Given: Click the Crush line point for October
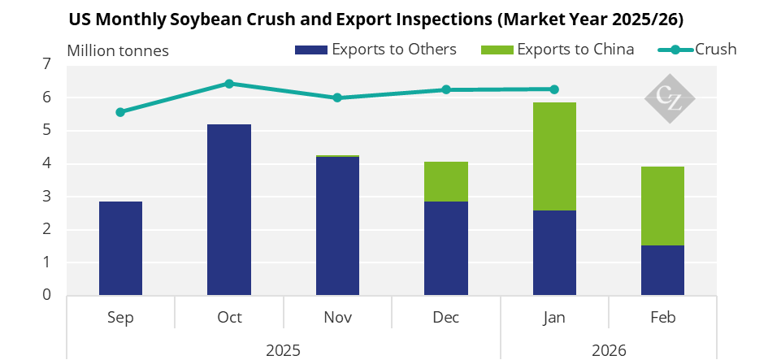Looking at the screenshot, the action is click(228, 84).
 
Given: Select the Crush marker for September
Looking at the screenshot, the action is click(120, 112).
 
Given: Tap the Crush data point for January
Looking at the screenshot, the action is click(554, 89).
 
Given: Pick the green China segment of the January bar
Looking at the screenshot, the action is click(554, 156).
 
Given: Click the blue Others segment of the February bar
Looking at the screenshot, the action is click(662, 270).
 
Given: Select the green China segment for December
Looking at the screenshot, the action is click(445, 181).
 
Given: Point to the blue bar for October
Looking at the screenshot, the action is click(228, 210).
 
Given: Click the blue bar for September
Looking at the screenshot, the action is click(120, 249).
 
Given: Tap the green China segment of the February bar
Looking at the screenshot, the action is click(662, 206).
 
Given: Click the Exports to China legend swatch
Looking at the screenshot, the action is click(497, 50).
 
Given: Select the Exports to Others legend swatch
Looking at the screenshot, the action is click(311, 50).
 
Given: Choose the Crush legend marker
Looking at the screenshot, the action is click(675, 50).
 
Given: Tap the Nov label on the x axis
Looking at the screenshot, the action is click(337, 318).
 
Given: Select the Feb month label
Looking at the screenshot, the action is click(663, 318).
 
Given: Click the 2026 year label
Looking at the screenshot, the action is click(609, 350).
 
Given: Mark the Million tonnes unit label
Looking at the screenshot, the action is click(118, 50).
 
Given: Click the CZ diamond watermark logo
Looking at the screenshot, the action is click(670, 98).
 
